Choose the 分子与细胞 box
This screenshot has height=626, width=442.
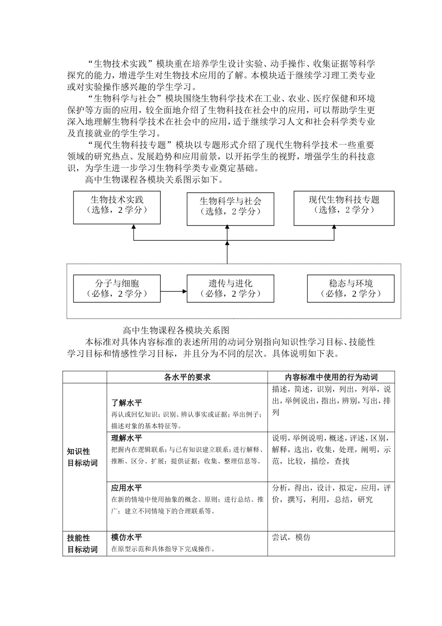coord(117,288)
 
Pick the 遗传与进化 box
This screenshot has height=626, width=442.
coord(230,288)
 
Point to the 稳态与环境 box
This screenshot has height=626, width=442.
coord(351,288)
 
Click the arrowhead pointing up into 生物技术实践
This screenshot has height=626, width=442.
coord(134,227)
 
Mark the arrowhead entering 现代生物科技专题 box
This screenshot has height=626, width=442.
coord(334,227)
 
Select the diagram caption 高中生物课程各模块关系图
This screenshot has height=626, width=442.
coord(176,330)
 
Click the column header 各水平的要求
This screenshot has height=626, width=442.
coord(187,377)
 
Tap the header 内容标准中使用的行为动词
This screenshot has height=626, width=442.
coord(331,377)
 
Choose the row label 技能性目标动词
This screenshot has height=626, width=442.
coord(82,544)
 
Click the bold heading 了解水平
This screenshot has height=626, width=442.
coord(127,403)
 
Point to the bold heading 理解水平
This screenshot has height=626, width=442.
coord(127,438)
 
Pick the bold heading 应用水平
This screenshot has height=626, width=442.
coord(127,488)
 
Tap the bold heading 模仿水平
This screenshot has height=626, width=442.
coord(127,537)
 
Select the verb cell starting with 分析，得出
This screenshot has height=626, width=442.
coord(331,494)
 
